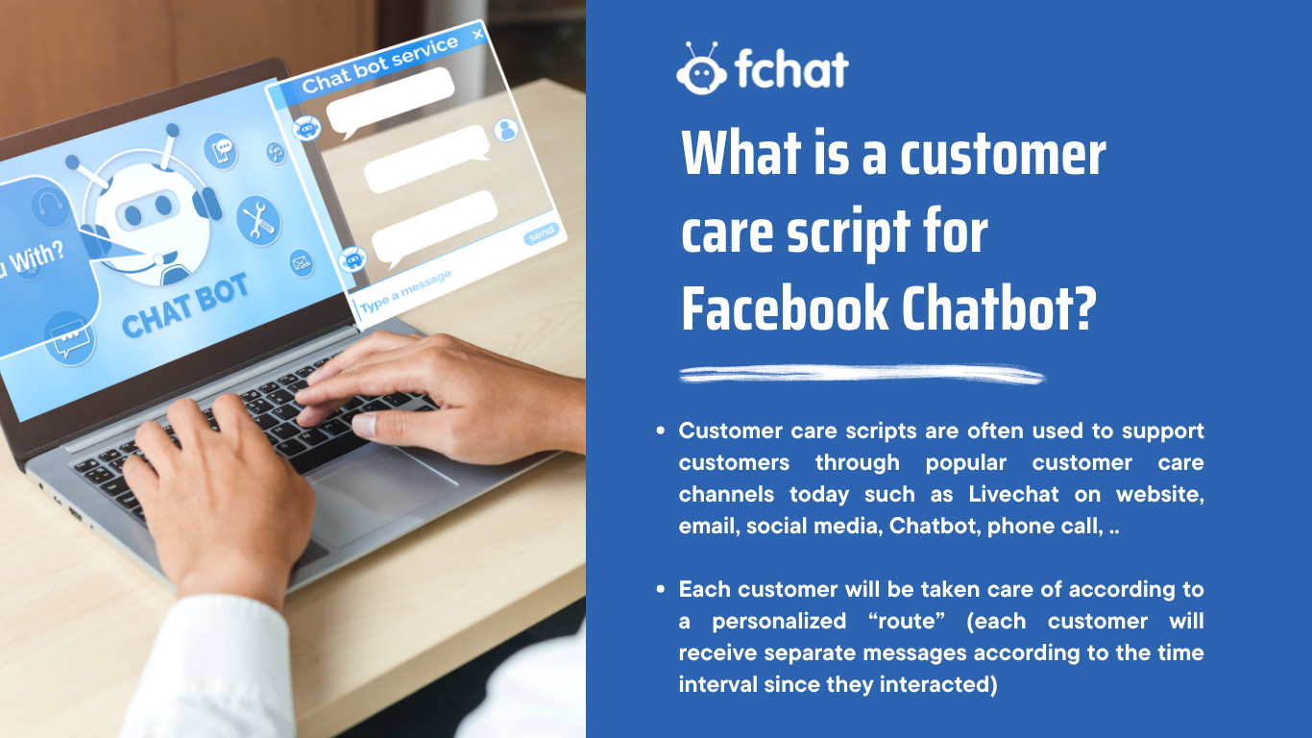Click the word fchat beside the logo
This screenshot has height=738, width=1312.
tap(791, 68)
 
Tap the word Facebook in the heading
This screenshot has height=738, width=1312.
tap(785, 307)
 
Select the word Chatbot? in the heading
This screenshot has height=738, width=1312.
tap(999, 307)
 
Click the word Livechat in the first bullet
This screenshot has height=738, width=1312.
tap(1013, 494)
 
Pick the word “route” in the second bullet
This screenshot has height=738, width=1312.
tap(906, 621)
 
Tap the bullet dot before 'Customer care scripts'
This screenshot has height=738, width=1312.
tap(661, 430)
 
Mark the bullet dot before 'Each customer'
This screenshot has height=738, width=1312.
tap(661, 589)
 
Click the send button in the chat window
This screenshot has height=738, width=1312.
tap(541, 234)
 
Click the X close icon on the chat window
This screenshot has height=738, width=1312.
tap(478, 35)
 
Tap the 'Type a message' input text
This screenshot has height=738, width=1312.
tap(405, 291)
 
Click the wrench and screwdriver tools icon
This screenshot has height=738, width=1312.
tap(258, 220)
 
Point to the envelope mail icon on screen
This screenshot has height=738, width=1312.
tap(302, 262)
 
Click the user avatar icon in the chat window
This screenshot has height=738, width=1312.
tap(506, 130)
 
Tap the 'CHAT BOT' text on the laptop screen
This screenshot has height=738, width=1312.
tap(185, 306)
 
